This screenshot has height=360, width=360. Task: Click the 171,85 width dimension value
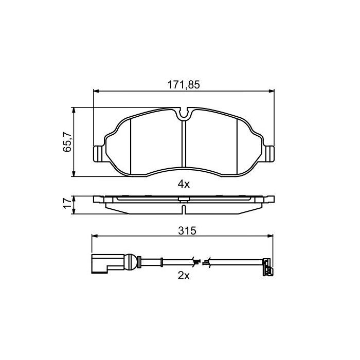pyautogui.click(x=184, y=85)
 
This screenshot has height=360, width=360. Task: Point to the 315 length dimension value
pyautogui.click(x=184, y=231)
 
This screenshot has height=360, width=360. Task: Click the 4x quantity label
pyautogui.click(x=184, y=184)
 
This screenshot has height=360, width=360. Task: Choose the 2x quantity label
pyautogui.click(x=184, y=276)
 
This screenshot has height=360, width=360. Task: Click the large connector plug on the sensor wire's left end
pyautogui.click(x=100, y=263)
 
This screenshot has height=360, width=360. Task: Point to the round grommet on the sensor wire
pyautogui.click(x=132, y=263)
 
